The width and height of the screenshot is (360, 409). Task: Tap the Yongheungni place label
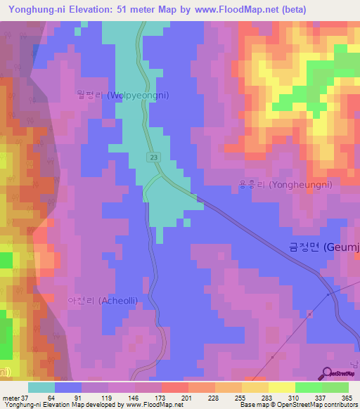coord(284,184)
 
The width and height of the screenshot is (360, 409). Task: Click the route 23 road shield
coord(153,158)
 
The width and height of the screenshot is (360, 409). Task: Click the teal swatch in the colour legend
coord(41,387)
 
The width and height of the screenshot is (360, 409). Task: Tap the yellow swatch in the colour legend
coord(282,387)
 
